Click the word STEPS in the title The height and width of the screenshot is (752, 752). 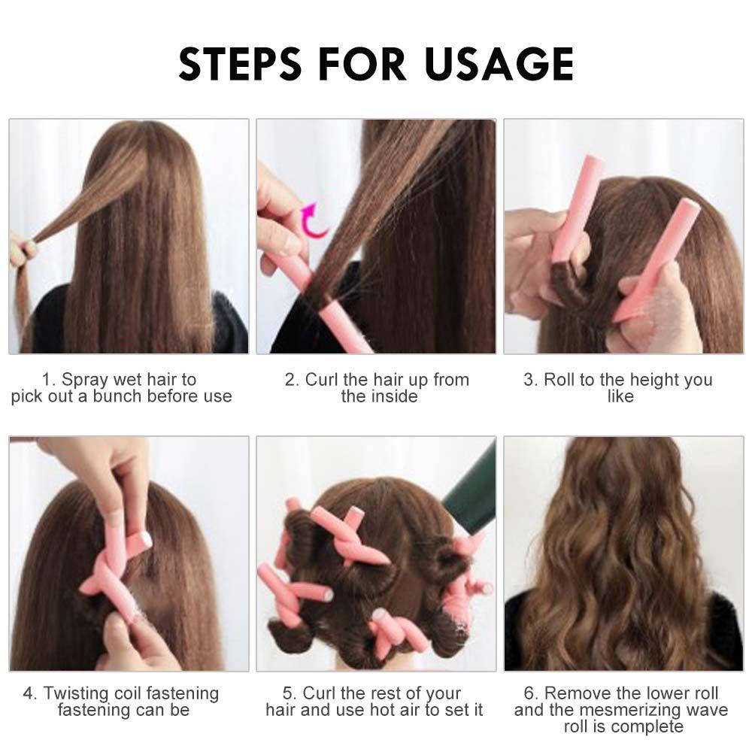pos(239,63)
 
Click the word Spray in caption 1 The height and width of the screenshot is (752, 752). pos(85,380)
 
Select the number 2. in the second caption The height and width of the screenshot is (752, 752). pos(292,380)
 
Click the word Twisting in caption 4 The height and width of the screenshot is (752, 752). pos(76,693)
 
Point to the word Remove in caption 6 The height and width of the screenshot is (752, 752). pos(578,693)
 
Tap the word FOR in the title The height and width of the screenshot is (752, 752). pos(362,63)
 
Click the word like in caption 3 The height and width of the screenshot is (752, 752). pos(620,396)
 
